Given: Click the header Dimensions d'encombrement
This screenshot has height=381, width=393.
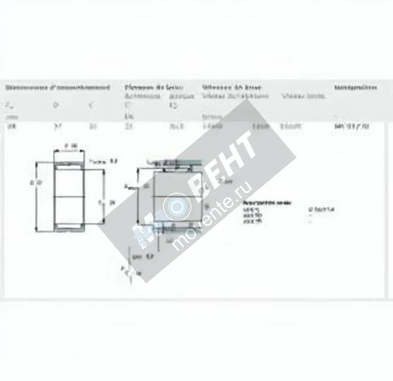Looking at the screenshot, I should pyautogui.click(x=57, y=87).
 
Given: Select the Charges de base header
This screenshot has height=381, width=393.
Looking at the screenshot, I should pyautogui.click(x=154, y=87).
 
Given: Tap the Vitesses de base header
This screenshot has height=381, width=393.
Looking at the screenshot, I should pyautogui.click(x=231, y=87).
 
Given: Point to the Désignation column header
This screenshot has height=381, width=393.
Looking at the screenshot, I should pyautogui.click(x=355, y=87).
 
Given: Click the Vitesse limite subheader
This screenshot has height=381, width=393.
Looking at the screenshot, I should pyautogui.click(x=303, y=96).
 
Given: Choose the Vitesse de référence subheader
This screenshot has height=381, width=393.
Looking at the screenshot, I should pyautogui.click(x=235, y=96).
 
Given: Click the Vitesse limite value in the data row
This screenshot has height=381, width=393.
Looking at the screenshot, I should pyautogui.click(x=290, y=126).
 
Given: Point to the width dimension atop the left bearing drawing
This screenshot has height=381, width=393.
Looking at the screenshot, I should pyautogui.click(x=70, y=146).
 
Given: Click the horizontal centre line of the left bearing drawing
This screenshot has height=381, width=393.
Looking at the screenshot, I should pyautogui.click(x=69, y=196).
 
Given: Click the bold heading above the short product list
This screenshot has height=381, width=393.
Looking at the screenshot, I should pyautogui.click(x=265, y=203).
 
